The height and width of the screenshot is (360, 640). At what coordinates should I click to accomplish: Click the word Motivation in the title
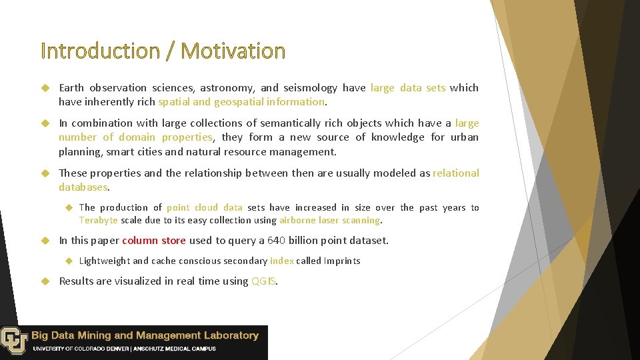pyautogui.click(x=233, y=51)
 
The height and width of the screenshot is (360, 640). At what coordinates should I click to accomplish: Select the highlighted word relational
pyautogui.click(x=456, y=173)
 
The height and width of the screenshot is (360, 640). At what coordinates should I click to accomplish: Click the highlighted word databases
pyautogui.click(x=83, y=187)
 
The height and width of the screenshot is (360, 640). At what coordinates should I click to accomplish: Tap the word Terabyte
pyautogui.click(x=99, y=220)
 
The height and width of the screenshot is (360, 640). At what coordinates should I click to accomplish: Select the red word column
pyautogui.click(x=140, y=241)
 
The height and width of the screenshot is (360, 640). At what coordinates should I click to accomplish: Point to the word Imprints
pyautogui.click(x=342, y=261)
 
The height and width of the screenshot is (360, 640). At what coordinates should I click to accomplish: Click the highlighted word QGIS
pyautogui.click(x=263, y=281)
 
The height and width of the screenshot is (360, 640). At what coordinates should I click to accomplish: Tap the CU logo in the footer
pyautogui.click(x=13, y=340)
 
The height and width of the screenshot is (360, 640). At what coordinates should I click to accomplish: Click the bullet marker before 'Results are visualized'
pyautogui.click(x=45, y=281)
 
